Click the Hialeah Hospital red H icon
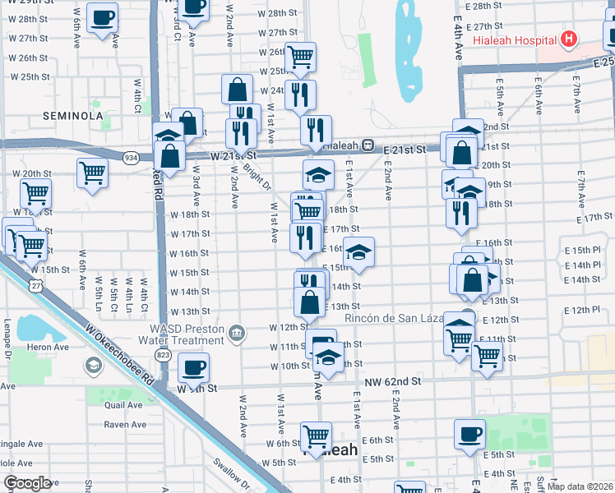pyautogui.click(x=568, y=39)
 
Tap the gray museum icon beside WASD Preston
pyautogui.click(x=238, y=332)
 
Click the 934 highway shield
pyautogui.click(x=131, y=156)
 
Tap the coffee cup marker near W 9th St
pyautogui.click(x=194, y=367)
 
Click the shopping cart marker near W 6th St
pyautogui.click(x=316, y=435)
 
